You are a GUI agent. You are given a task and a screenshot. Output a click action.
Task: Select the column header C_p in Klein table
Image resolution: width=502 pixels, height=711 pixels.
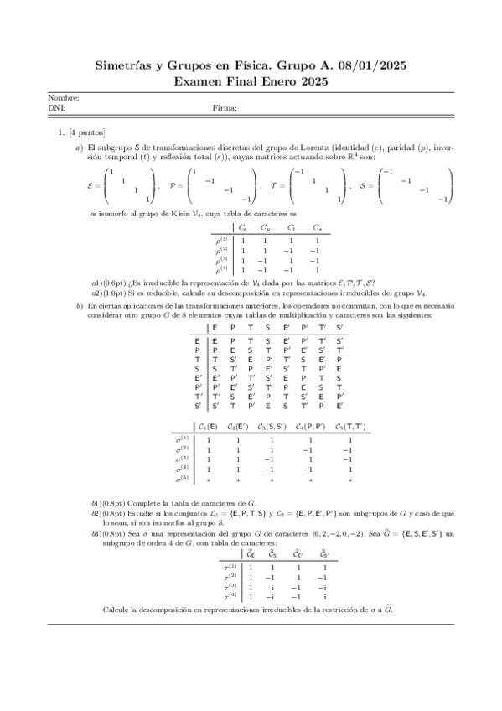click(x=266, y=227)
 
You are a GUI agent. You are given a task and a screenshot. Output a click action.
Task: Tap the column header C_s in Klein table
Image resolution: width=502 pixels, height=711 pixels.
click(x=317, y=227)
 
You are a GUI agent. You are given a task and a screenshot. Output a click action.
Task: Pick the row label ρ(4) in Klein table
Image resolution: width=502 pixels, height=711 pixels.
click(x=222, y=270)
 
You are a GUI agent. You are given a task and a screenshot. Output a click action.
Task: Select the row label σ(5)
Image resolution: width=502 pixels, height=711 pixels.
click(x=183, y=480)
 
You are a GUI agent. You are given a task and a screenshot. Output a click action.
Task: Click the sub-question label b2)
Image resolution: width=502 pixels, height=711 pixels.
click(x=98, y=511)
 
